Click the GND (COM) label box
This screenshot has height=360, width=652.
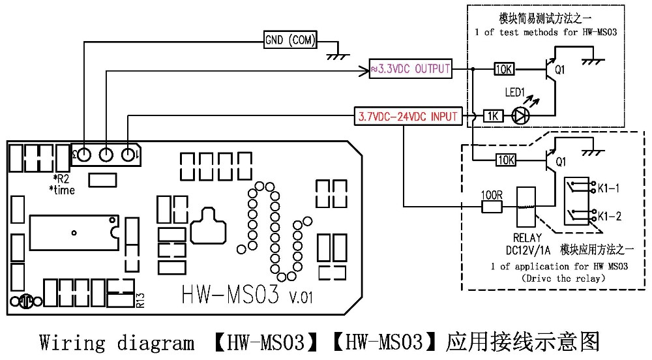(x=290, y=40)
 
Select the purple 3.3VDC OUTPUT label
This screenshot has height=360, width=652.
(x=411, y=68)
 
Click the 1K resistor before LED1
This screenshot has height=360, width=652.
(x=493, y=116)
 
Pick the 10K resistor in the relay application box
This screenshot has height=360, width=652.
(x=506, y=159)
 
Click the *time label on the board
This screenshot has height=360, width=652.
(x=63, y=190)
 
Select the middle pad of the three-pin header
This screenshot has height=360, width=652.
(x=106, y=155)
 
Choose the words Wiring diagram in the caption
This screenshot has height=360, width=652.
(x=117, y=342)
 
